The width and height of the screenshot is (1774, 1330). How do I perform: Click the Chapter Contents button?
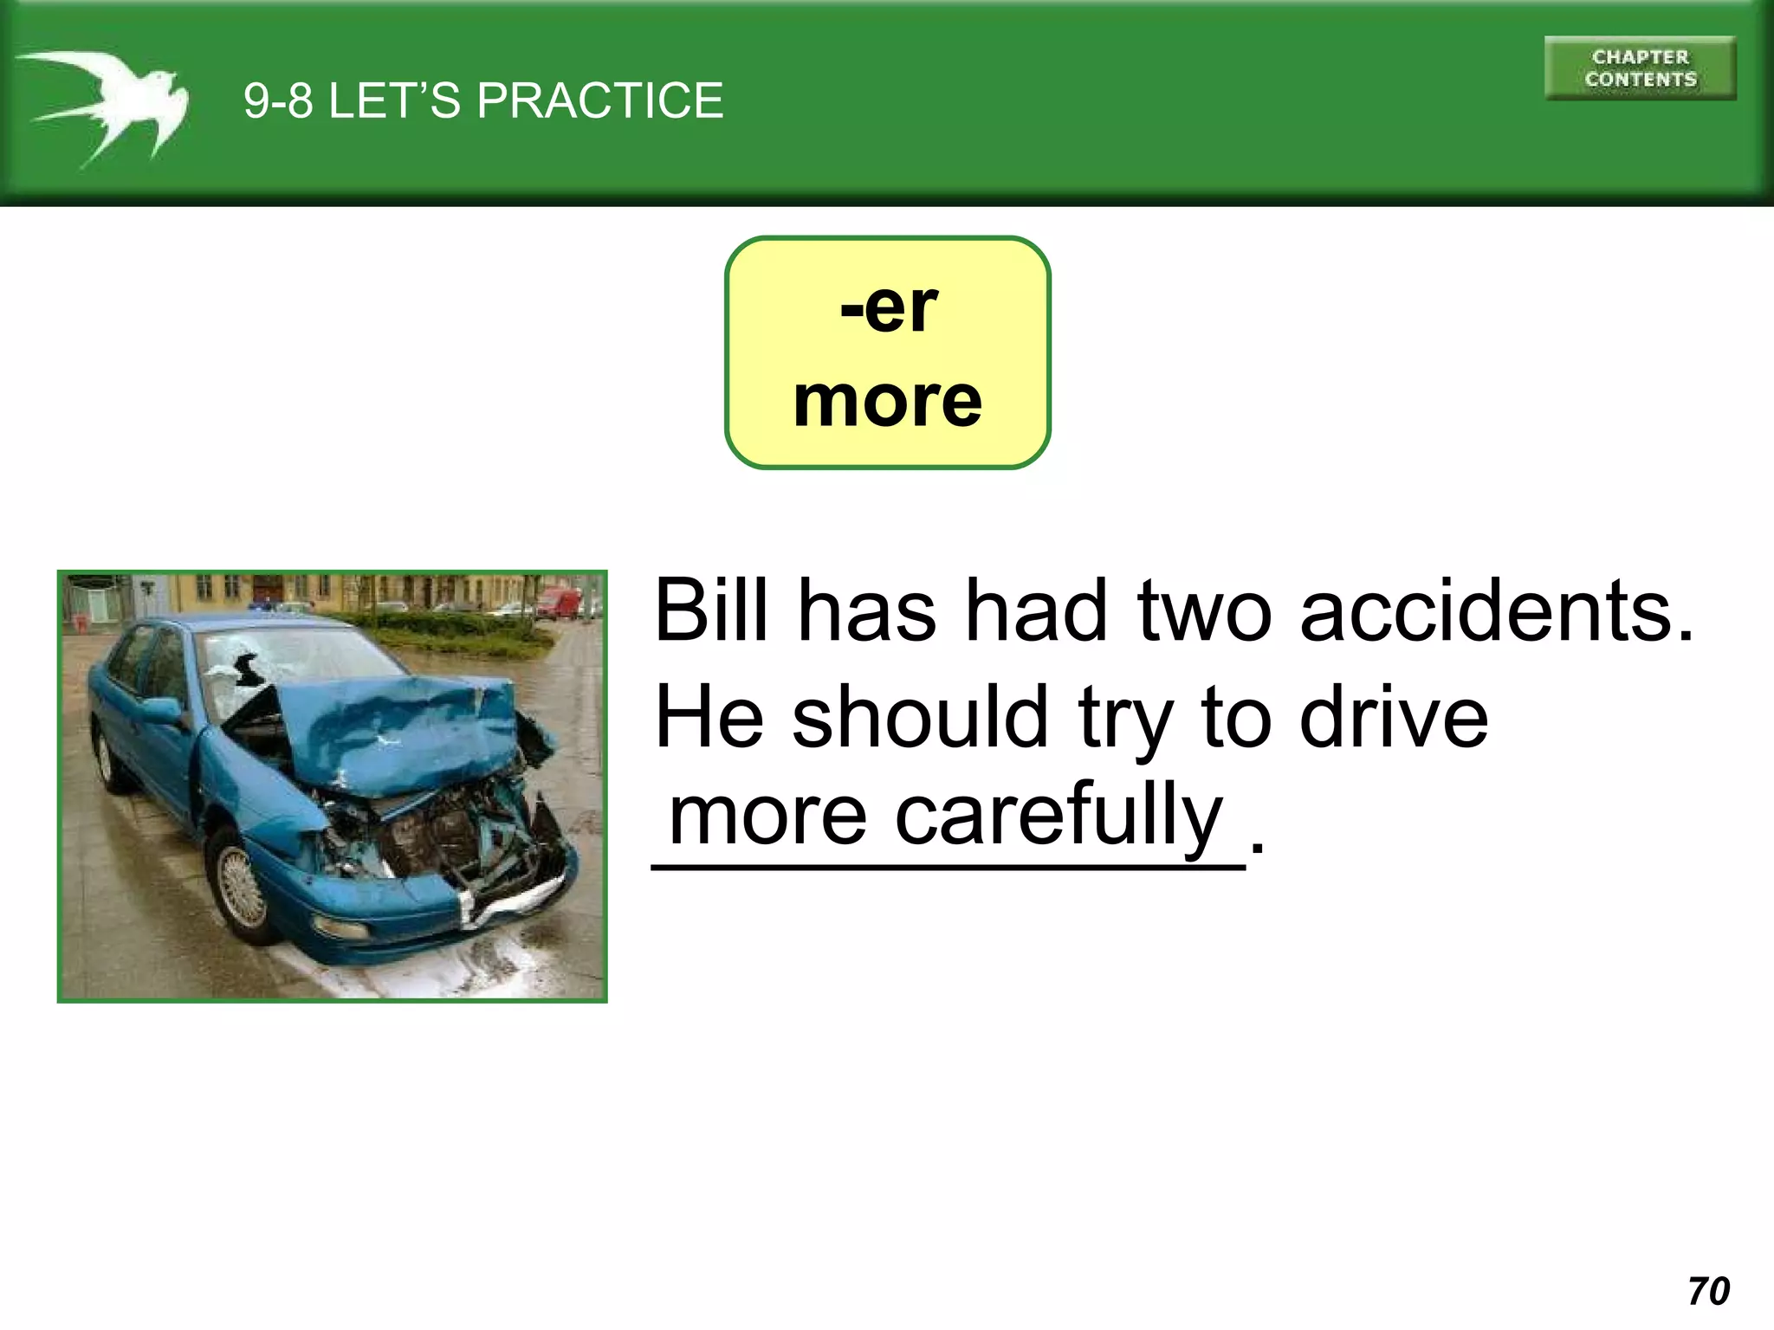click(1640, 68)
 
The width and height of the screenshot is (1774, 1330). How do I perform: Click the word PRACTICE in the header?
click(599, 100)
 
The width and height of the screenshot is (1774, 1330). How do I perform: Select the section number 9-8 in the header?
click(277, 100)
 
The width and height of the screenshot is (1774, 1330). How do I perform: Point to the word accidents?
click(1496, 610)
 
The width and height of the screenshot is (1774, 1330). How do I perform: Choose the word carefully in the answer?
click(1058, 814)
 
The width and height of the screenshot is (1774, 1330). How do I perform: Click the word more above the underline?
click(767, 814)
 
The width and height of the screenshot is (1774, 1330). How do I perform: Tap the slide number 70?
click(1708, 1291)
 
